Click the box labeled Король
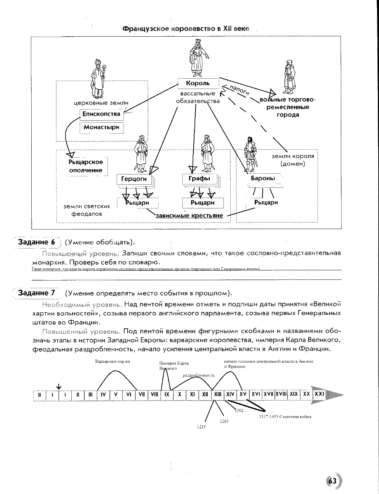pos(198,83)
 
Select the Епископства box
pos(101,114)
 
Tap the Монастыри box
pos(101,127)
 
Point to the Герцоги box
pos(134,179)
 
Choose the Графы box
pos(199,178)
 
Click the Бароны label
pos(263,178)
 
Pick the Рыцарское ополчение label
pos(86,166)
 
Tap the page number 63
pos(332,481)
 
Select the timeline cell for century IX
pos(167,394)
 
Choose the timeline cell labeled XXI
pos(319,394)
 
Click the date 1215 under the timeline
pos(201,427)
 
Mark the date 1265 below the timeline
pos(224,421)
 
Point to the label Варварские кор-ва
pos(112,362)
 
